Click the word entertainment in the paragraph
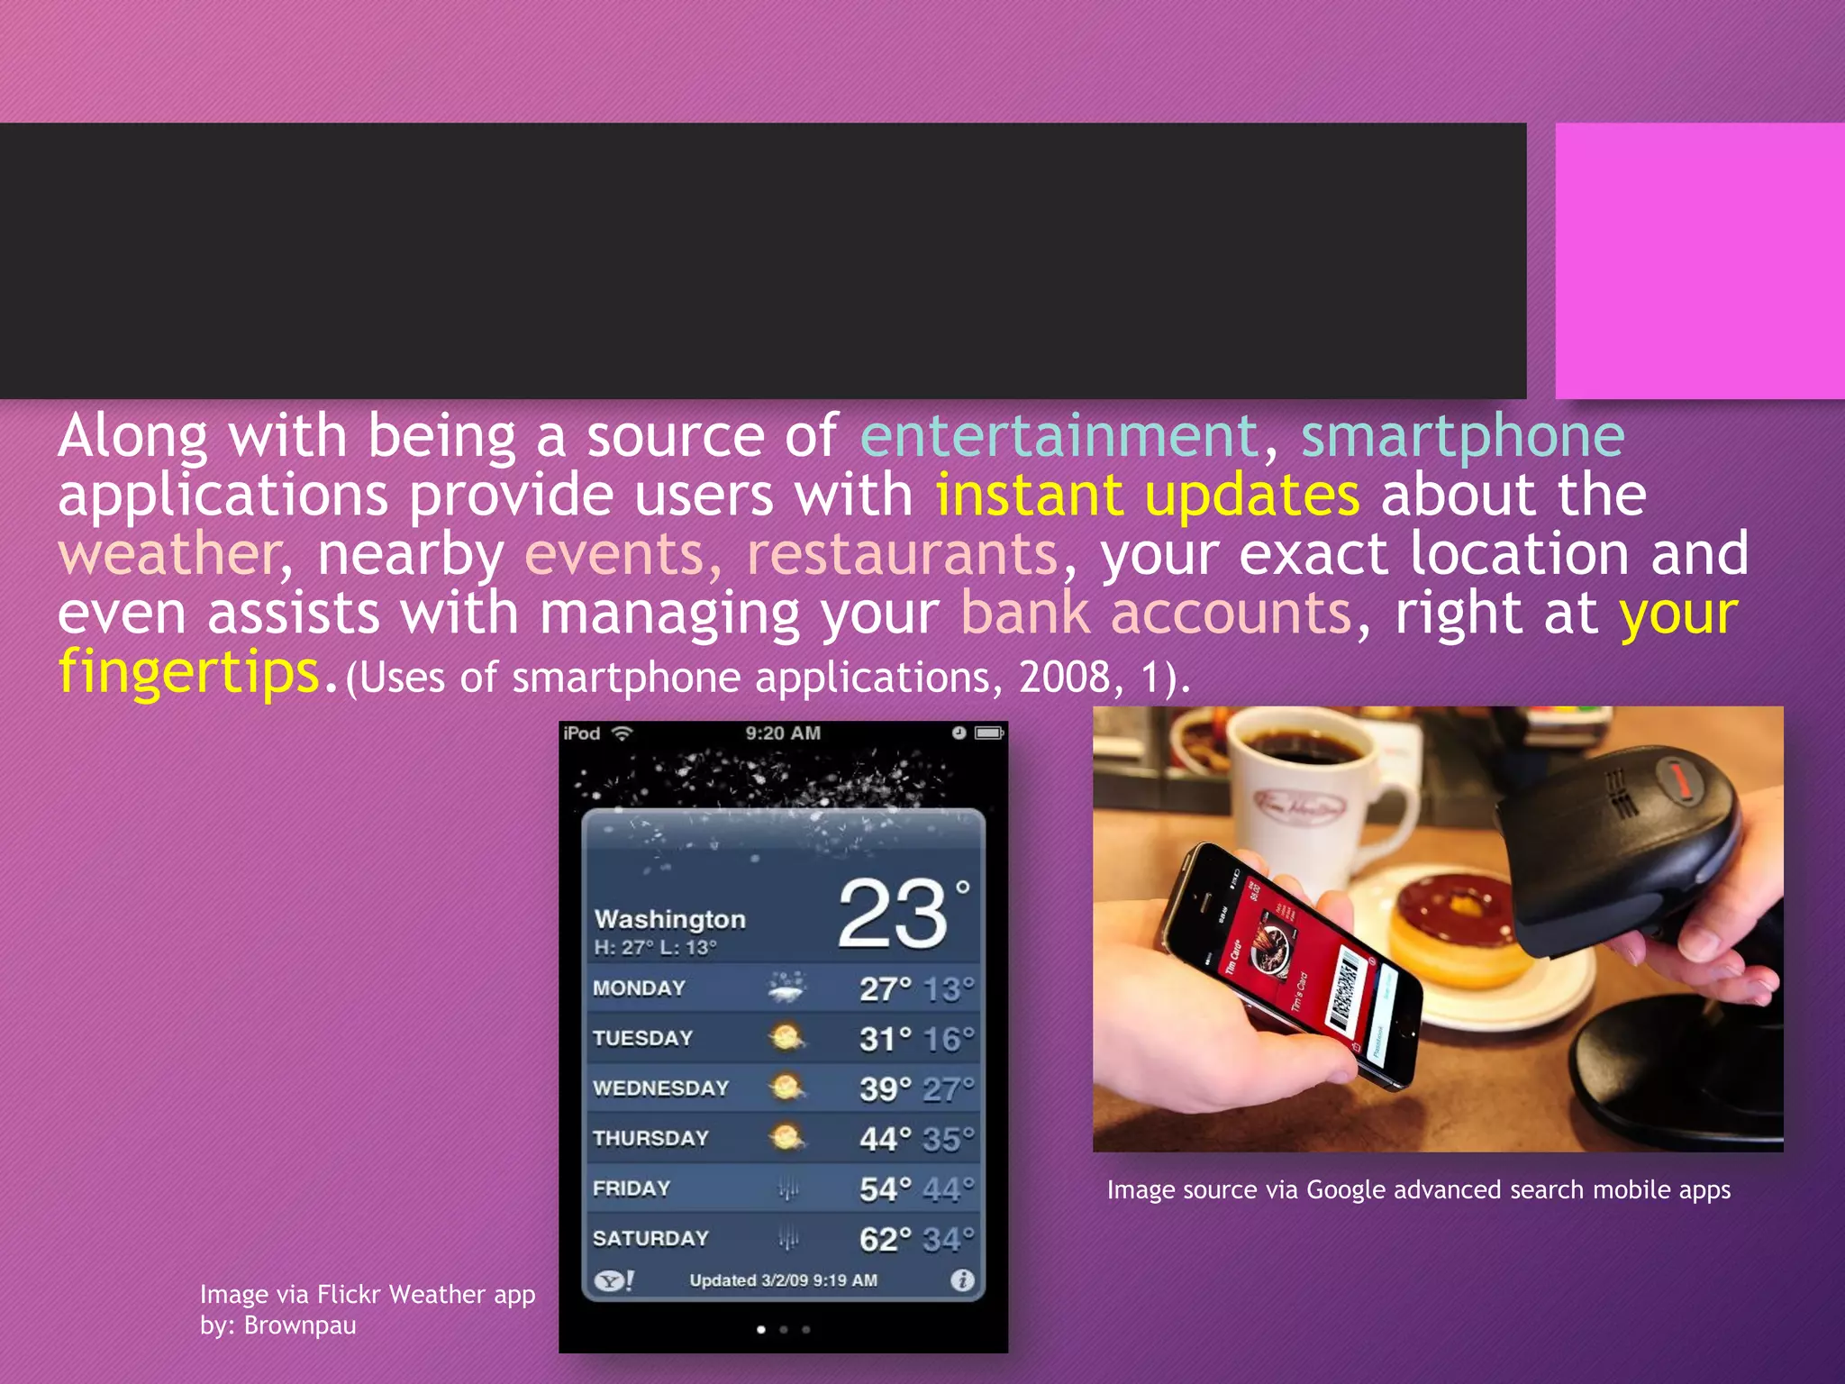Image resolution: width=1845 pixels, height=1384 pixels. [1059, 436]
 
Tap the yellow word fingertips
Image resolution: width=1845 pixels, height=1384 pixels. [189, 672]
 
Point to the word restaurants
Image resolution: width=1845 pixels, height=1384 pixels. [902, 554]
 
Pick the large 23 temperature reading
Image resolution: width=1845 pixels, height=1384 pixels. [893, 915]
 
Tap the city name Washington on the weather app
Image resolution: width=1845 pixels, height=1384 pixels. [669, 919]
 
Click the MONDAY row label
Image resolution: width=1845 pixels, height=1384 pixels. [639, 988]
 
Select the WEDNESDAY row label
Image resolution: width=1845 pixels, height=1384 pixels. [660, 1088]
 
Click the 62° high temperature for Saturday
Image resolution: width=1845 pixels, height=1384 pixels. [885, 1240]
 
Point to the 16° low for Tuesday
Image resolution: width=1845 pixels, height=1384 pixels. [948, 1040]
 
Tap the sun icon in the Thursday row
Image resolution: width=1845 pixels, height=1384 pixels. [786, 1138]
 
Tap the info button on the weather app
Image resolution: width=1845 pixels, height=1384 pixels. [962, 1280]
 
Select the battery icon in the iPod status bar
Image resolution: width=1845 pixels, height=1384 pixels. [989, 733]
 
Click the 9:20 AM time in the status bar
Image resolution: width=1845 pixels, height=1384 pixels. [783, 733]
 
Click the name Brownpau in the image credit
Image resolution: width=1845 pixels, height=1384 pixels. [300, 1325]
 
